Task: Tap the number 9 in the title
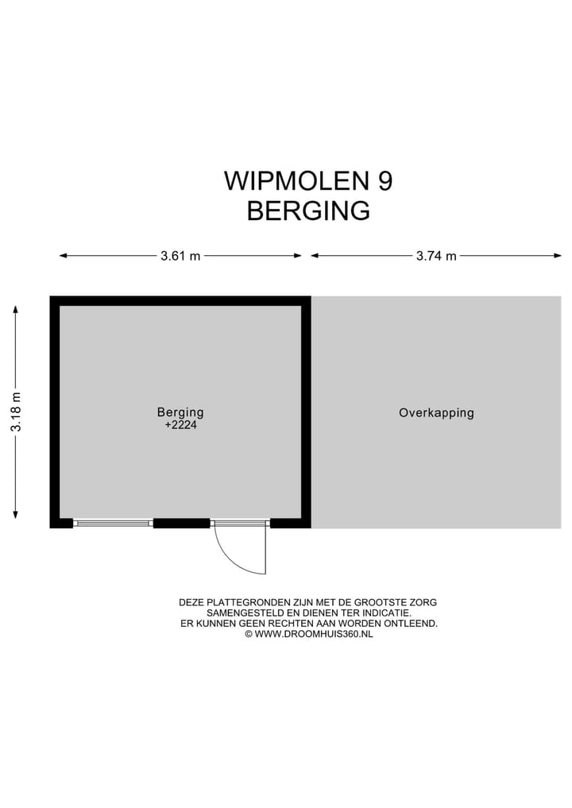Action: (385, 181)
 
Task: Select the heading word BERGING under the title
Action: (308, 211)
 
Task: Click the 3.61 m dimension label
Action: (180, 256)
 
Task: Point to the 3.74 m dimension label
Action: (436, 256)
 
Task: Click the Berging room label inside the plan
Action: (180, 412)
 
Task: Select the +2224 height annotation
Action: (180, 425)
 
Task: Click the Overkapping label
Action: (436, 413)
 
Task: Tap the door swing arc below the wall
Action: (230, 556)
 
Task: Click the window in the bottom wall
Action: (113, 523)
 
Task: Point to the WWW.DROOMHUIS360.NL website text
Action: (313, 634)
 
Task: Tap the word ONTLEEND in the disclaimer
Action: (413, 624)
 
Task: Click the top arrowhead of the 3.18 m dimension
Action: (16, 308)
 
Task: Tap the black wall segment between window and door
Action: (181, 523)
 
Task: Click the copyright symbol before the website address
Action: (248, 634)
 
